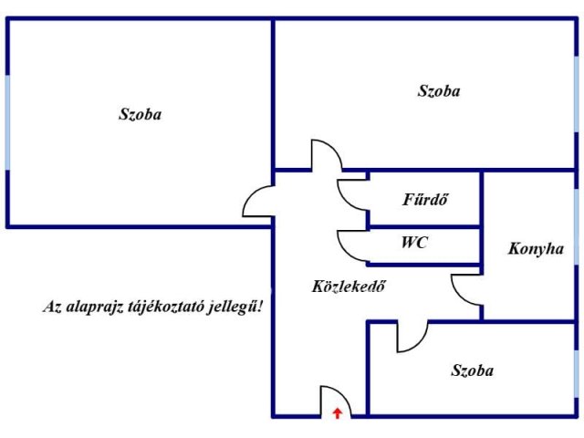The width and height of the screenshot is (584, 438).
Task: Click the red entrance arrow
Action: click(338, 413)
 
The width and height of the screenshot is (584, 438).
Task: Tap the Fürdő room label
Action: click(425, 199)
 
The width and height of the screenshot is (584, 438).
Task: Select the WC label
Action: click(414, 243)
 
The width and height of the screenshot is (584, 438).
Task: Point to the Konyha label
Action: click(536, 249)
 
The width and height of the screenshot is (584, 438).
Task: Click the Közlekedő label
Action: click(349, 286)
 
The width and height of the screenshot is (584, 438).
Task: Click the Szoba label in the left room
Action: click(140, 114)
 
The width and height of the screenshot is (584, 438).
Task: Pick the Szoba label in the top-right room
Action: click(439, 91)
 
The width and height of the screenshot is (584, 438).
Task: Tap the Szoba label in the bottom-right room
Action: click(473, 370)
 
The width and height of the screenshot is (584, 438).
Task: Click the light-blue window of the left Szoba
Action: click(7, 122)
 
